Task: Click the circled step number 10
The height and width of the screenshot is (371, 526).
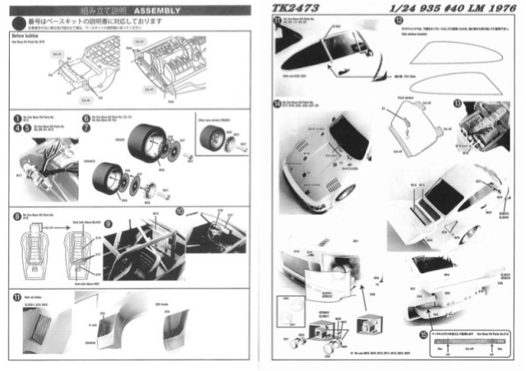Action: [180, 211]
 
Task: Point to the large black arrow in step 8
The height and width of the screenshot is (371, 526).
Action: [54, 239]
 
